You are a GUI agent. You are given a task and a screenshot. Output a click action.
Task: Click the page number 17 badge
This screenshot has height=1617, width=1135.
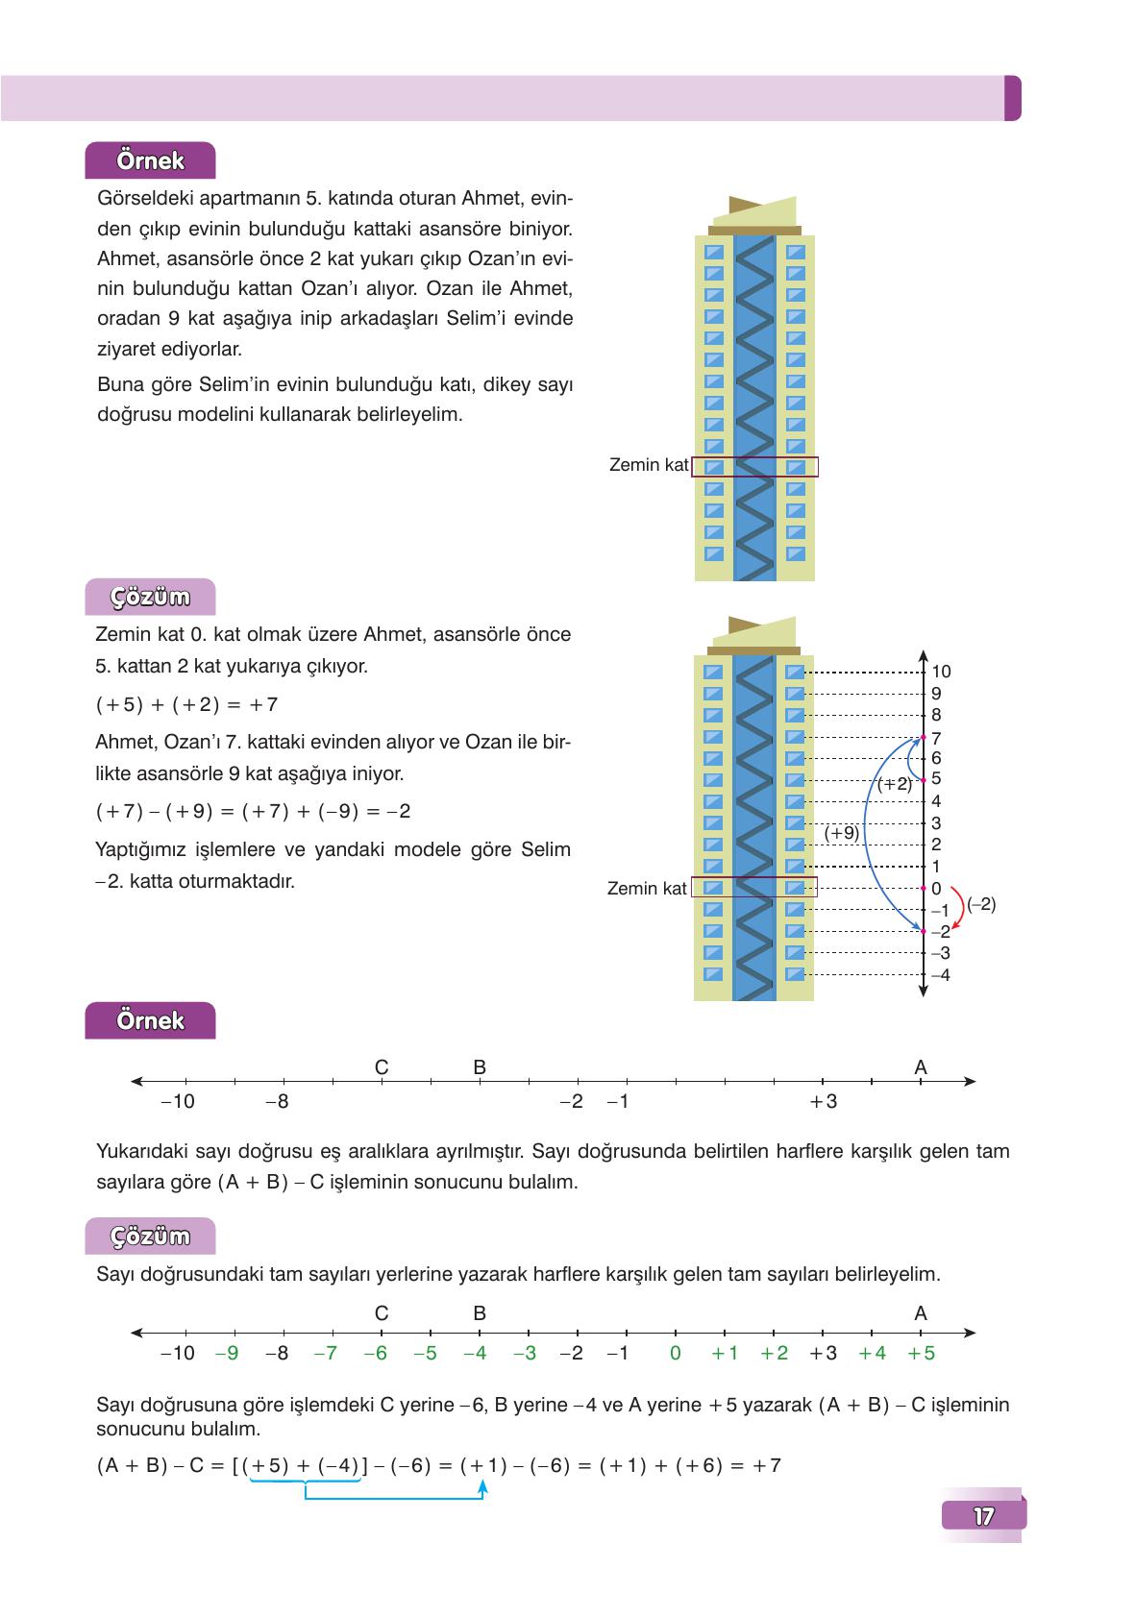(x=983, y=1516)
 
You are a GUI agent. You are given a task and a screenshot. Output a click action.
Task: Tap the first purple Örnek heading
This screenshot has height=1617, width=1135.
(x=150, y=160)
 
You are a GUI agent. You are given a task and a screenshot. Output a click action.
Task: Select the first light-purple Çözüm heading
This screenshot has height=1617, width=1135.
(x=150, y=597)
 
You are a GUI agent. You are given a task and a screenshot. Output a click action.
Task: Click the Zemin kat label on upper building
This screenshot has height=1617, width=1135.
(x=649, y=465)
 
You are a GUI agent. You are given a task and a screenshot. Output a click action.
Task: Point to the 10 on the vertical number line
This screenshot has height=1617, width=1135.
(x=941, y=672)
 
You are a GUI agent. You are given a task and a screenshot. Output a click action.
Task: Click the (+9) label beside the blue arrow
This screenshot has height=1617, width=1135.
(x=842, y=833)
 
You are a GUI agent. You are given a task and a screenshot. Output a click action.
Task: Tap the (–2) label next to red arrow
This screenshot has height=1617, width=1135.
(x=981, y=904)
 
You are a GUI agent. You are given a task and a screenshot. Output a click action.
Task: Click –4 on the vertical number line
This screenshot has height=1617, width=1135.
(x=940, y=975)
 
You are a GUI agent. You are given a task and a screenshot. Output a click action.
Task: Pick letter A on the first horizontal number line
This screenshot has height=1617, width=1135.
(x=921, y=1067)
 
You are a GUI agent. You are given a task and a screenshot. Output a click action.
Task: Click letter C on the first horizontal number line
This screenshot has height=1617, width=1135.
(x=382, y=1067)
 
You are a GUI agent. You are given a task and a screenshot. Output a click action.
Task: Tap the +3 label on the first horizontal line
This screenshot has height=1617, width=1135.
(x=824, y=1102)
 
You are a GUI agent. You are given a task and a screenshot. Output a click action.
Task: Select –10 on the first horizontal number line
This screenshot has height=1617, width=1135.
(x=177, y=1102)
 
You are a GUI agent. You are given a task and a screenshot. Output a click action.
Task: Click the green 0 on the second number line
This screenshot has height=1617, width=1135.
(x=676, y=1353)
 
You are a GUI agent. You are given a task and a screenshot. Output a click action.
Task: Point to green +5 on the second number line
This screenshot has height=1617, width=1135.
(x=922, y=1353)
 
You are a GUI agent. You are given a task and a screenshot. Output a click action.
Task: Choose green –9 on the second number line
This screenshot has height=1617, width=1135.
(x=227, y=1353)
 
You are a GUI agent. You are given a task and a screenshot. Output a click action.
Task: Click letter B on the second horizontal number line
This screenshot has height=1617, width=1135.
(x=480, y=1313)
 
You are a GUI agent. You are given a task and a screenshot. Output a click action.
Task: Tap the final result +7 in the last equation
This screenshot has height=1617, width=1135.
(x=767, y=1466)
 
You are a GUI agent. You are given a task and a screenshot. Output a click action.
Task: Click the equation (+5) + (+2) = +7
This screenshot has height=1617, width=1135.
(x=186, y=704)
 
